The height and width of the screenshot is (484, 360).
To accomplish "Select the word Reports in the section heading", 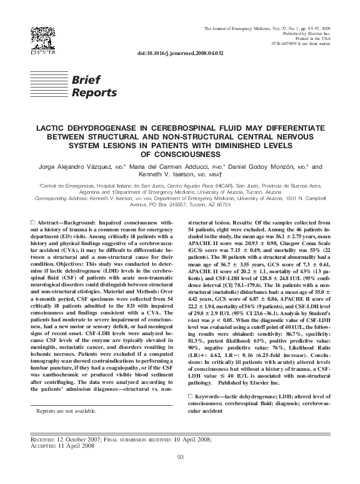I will pos(94,93).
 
